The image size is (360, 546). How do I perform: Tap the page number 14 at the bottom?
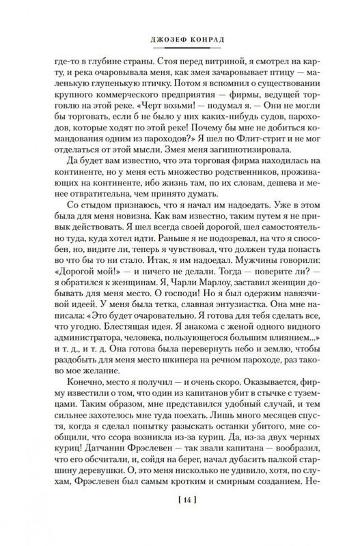pos(180,519)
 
